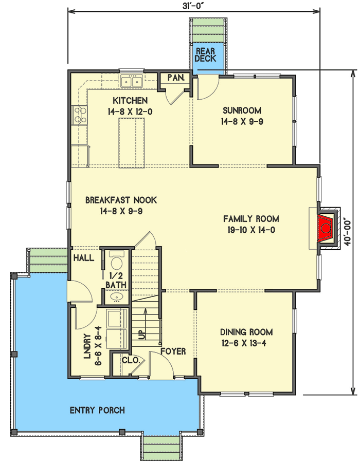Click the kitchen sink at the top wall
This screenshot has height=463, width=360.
[x=131, y=81]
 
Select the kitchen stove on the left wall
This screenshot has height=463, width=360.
[x=79, y=114]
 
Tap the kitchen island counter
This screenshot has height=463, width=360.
[x=131, y=142]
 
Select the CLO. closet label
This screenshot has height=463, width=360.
[x=131, y=360]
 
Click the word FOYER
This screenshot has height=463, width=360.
[x=172, y=351]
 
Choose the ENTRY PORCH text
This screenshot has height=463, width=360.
[x=97, y=410]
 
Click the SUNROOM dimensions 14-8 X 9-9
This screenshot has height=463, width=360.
[x=242, y=122]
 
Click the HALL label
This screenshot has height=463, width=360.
[x=84, y=257]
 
